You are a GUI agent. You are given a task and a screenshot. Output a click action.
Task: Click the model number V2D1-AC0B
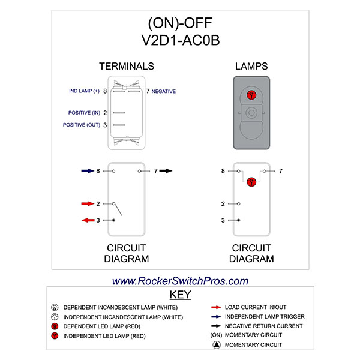(179, 40)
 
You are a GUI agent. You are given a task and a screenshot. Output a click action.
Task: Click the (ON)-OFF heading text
(179, 23)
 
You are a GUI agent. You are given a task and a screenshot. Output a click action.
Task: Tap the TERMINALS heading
(127, 66)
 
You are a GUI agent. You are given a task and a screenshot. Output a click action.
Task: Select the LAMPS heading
(252, 66)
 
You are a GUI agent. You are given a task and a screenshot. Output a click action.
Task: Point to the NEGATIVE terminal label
(164, 91)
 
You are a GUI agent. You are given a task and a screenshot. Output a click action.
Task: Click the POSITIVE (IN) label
(83, 113)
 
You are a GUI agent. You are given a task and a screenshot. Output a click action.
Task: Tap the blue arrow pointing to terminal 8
(87, 171)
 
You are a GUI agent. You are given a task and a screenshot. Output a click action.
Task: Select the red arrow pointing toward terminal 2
(87, 204)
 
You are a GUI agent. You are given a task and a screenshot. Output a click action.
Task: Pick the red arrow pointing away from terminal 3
(87, 220)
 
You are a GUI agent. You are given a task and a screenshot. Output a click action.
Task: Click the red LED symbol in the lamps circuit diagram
(252, 183)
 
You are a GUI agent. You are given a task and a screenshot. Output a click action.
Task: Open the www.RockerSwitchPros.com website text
(180, 281)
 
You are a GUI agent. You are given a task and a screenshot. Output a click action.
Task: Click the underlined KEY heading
(180, 295)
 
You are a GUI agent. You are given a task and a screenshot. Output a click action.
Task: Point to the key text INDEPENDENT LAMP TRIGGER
(265, 316)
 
